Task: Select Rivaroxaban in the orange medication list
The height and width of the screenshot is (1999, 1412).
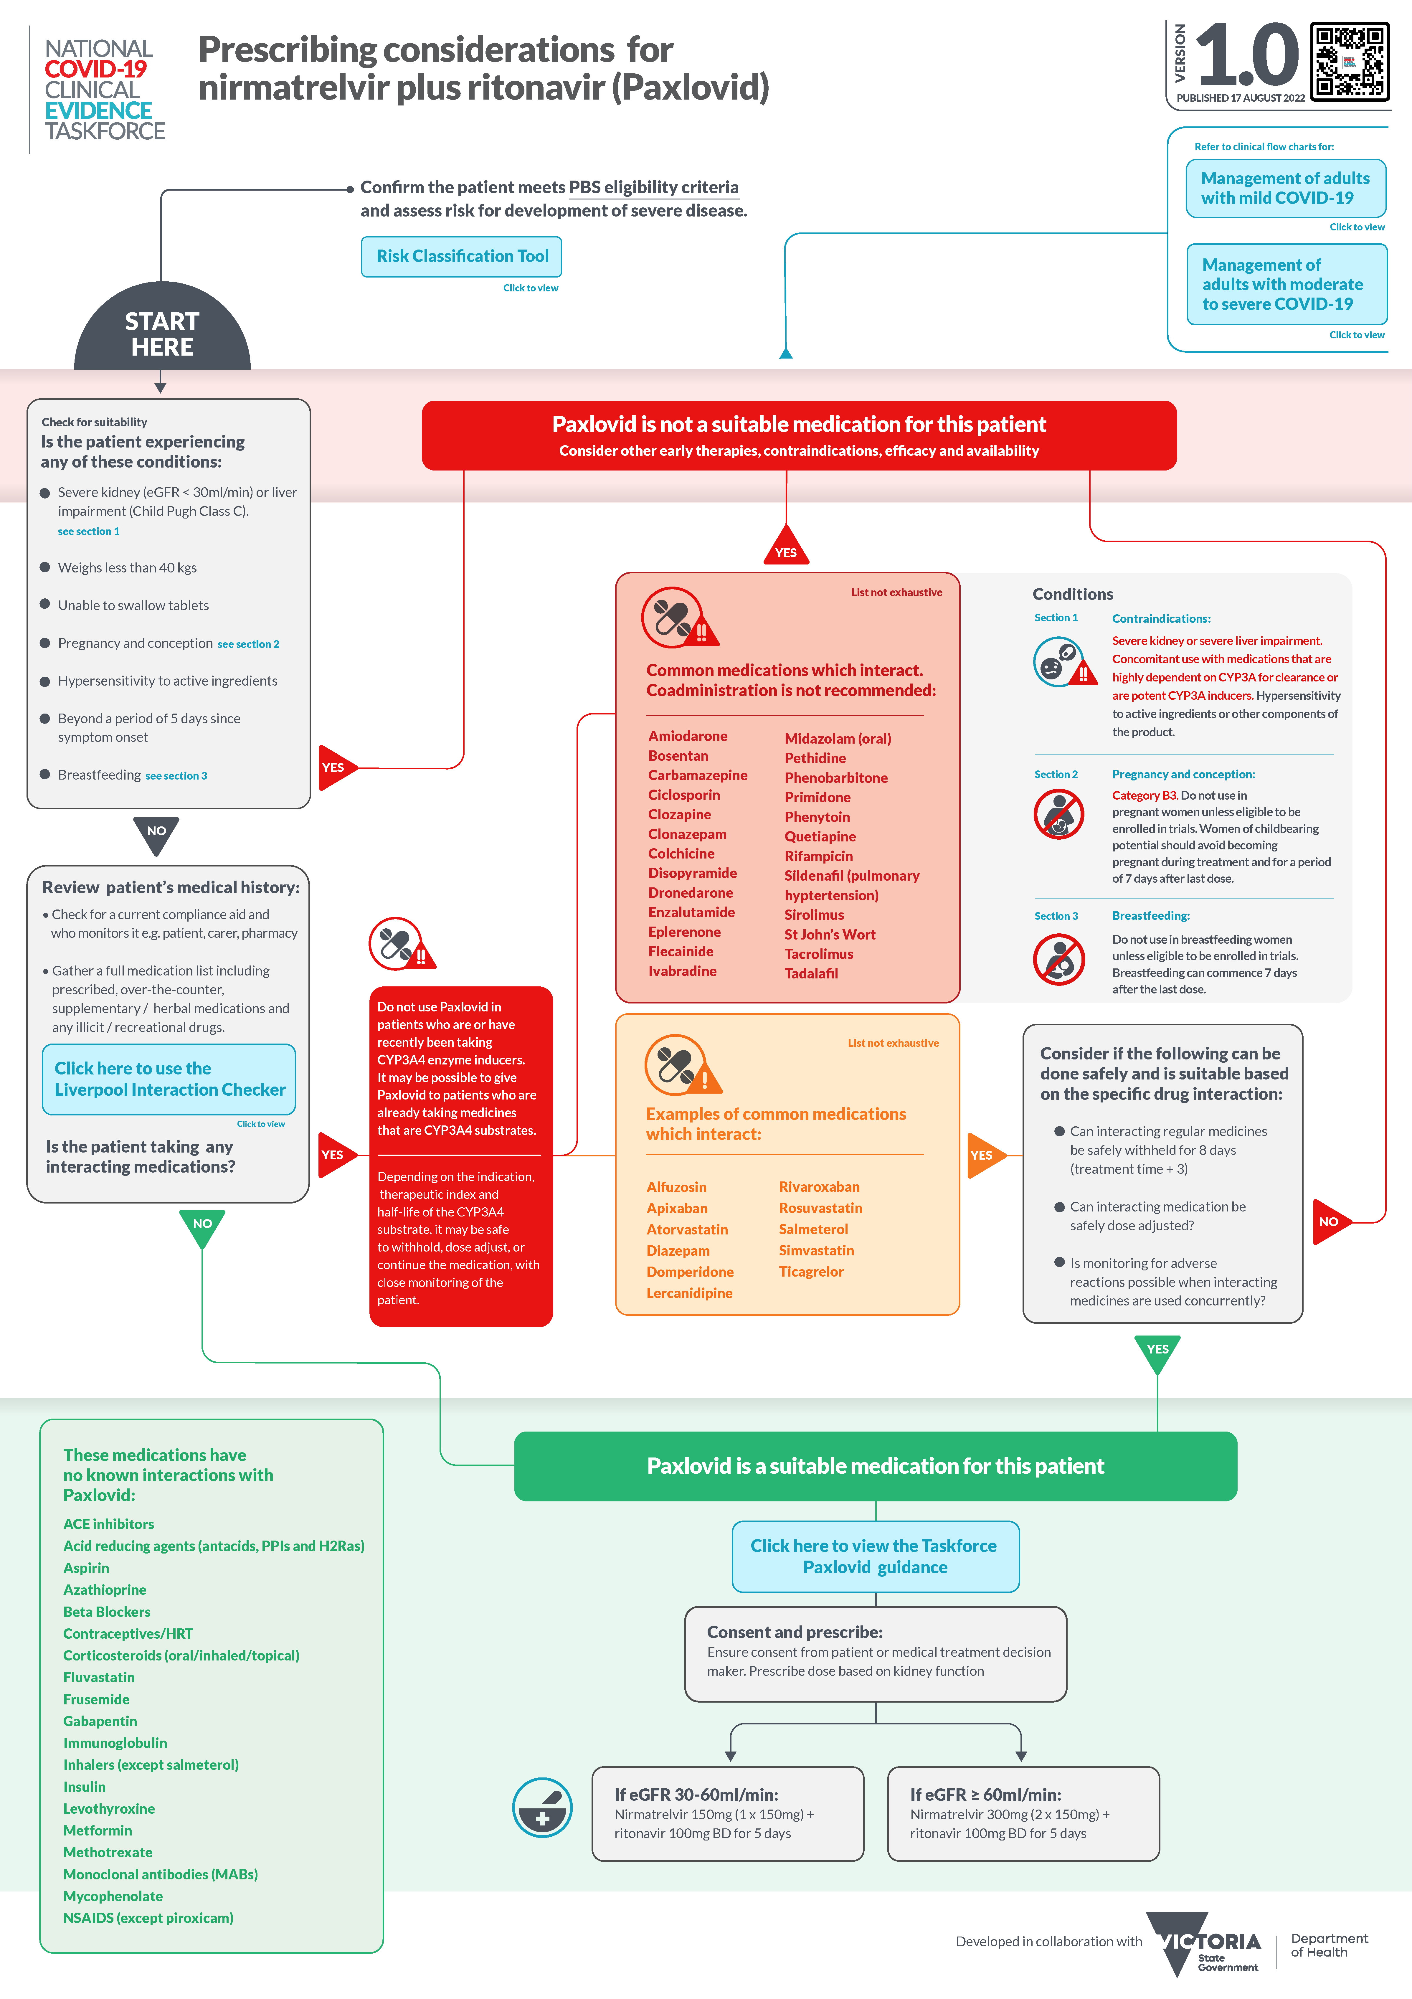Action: tap(818, 1187)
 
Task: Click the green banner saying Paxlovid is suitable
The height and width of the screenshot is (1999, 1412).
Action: tap(875, 1466)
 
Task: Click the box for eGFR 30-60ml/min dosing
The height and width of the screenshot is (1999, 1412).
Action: tap(728, 1814)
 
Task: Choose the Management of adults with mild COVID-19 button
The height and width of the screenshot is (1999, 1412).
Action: tap(1285, 188)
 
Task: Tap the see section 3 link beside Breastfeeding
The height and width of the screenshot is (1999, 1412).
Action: tap(176, 776)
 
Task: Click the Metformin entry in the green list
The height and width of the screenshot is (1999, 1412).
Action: tap(98, 1830)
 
